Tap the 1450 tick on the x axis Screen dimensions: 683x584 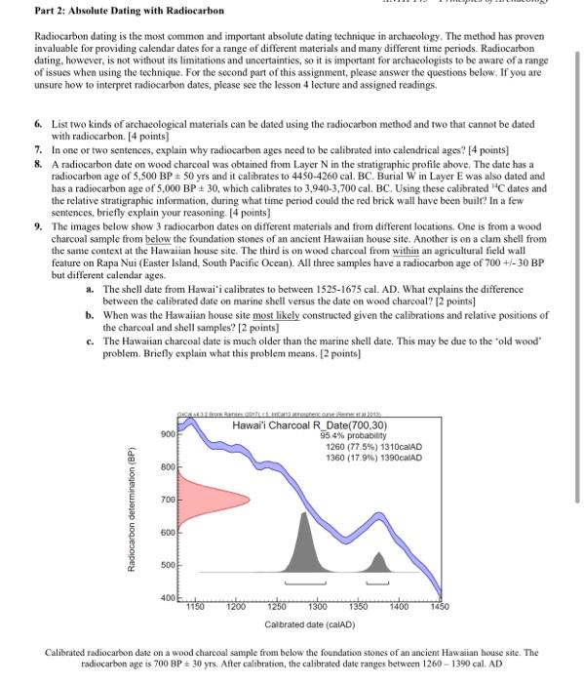pyautogui.click(x=438, y=606)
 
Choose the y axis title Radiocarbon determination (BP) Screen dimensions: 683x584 pyautogui.click(x=143, y=515)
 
